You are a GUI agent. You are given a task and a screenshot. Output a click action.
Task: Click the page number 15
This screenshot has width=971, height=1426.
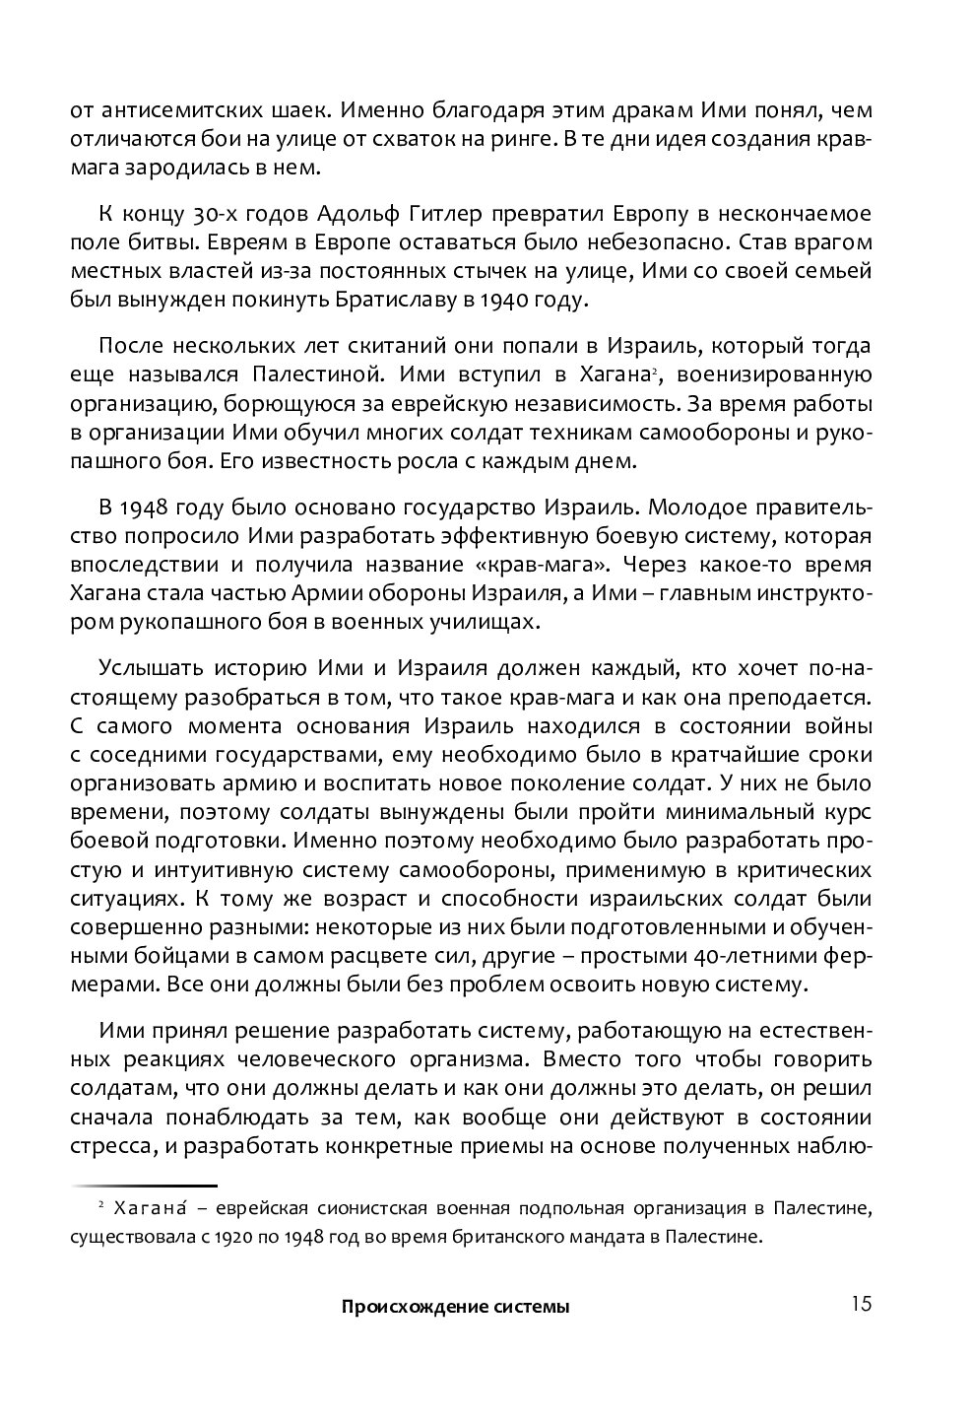click(859, 1305)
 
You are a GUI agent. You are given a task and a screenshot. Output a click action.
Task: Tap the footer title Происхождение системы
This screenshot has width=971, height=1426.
click(455, 1308)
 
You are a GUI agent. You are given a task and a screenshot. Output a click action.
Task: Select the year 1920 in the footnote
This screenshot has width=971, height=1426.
click(263, 1236)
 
